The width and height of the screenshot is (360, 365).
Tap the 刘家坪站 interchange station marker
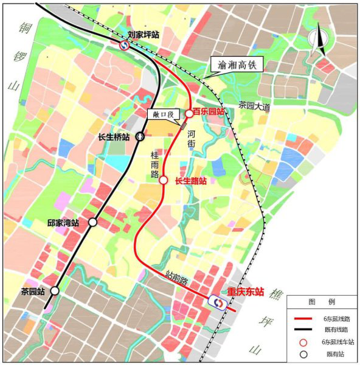(x=123, y=44)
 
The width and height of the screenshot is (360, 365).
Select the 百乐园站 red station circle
(x=189, y=113)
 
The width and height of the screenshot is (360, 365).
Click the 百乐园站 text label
(x=209, y=112)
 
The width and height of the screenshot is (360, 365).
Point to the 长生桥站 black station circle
(x=140, y=137)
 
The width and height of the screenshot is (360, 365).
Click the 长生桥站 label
(x=114, y=137)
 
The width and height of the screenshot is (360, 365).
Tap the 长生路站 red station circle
(x=163, y=179)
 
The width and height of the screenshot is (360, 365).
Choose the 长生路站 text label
(x=190, y=181)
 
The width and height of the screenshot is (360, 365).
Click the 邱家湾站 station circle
(x=92, y=223)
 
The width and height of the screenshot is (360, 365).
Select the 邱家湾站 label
(x=63, y=223)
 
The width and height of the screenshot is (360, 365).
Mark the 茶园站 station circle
(x=55, y=291)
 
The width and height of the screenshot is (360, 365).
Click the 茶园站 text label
(x=33, y=291)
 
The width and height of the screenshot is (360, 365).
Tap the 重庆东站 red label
(x=246, y=292)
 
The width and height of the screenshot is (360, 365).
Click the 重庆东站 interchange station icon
(x=217, y=301)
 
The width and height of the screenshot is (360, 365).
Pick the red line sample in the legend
(x=301, y=318)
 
